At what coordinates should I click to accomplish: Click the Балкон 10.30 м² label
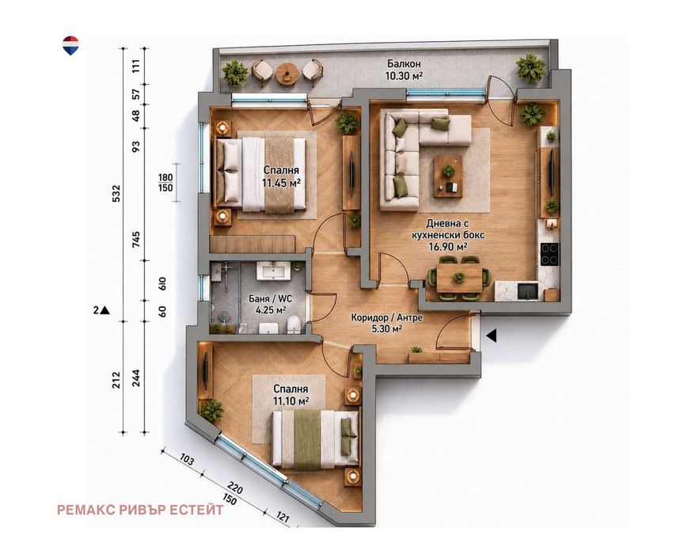coord(404,70)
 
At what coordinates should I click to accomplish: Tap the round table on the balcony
coord(286,73)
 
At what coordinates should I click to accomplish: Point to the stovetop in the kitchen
coord(549,254)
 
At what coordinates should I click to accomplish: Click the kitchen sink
coord(528,291)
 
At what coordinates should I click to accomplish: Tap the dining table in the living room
coord(459,278)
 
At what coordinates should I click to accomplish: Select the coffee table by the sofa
coord(449,176)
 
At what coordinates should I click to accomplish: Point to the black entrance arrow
coord(492,336)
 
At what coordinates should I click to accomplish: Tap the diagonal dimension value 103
coord(187,459)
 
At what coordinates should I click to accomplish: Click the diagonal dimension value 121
coord(282,518)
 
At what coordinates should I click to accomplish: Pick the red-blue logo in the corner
coord(71,45)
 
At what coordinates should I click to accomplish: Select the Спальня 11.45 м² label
coord(281,176)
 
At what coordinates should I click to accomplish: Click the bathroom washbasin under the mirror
coord(273,271)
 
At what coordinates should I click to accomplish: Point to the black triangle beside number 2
coord(105,310)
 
